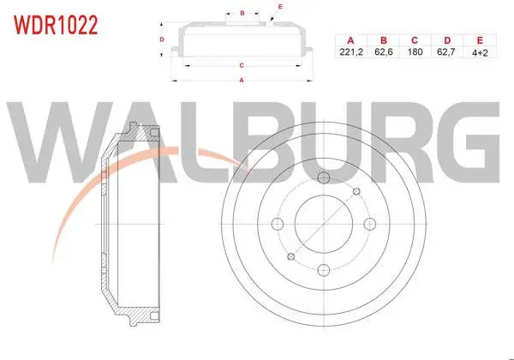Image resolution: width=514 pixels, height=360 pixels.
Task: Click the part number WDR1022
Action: point(56,25)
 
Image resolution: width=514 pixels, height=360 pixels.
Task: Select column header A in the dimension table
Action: point(350,40)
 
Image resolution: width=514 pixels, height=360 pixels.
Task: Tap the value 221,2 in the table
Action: point(351,51)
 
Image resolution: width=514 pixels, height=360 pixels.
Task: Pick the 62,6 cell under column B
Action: point(384,51)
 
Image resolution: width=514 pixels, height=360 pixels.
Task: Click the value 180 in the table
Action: point(415,51)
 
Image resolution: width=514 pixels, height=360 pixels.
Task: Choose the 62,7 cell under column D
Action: point(445,51)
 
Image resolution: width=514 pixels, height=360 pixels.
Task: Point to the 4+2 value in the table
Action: point(480,52)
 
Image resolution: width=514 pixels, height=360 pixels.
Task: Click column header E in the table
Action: point(480,40)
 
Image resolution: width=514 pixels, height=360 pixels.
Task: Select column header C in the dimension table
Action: point(415,40)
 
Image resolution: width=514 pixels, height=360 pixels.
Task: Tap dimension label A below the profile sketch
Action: point(242,80)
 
